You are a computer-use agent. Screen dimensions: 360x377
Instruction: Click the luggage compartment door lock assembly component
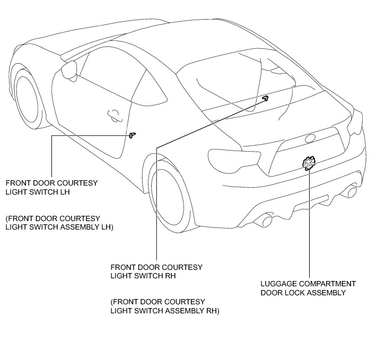[x=309, y=162]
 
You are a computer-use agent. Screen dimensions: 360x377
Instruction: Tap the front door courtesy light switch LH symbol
[x=132, y=135]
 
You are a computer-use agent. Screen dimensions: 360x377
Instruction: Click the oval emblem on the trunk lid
[x=310, y=138]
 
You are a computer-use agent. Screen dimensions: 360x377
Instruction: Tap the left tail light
[x=234, y=156]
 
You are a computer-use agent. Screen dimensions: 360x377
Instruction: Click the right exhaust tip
[x=351, y=191]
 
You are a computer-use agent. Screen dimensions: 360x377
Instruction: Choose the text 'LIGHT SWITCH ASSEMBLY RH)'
[x=164, y=310]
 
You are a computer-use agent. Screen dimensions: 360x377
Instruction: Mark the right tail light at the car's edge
[x=355, y=125]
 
